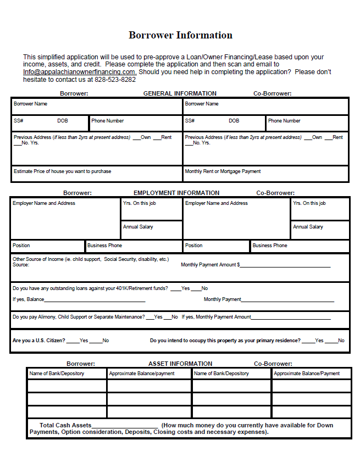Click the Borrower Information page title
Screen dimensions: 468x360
pos(180,35)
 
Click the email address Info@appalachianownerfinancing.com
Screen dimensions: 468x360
pos(80,72)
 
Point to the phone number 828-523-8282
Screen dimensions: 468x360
pos(115,79)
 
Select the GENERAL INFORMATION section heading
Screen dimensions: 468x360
pos(180,93)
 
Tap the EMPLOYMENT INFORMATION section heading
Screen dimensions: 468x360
pos(176,193)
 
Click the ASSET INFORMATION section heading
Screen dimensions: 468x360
pos(180,364)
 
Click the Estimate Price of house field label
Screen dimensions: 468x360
pos(62,171)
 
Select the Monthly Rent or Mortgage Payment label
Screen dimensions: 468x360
pos(223,171)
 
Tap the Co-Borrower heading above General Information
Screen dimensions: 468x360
pos(272,93)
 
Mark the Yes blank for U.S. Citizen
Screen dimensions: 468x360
pos(73,341)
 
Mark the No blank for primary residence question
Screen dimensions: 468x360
pos(331,341)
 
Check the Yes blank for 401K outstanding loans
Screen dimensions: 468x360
pos(175,288)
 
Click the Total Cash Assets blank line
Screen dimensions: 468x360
pos(125,426)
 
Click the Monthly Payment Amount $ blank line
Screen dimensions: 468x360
pos(285,265)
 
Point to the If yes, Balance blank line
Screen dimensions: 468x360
pos(95,299)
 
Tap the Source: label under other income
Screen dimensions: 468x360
pos(21,265)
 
